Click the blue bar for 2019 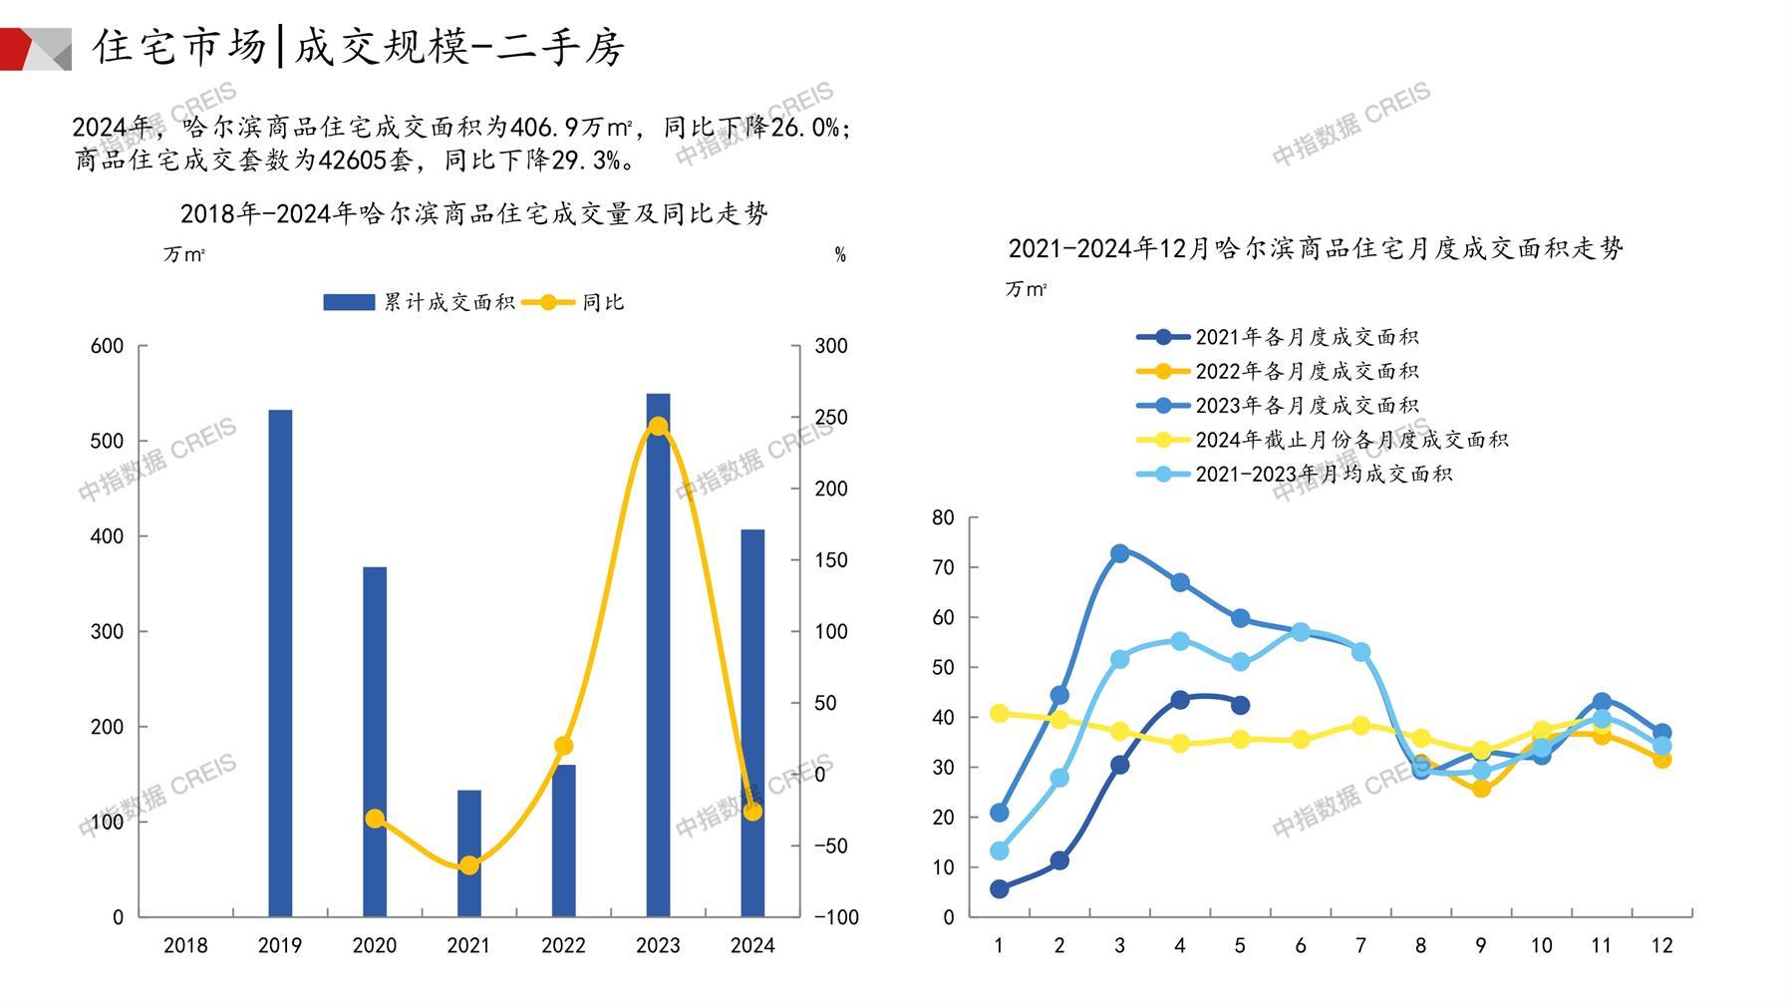click(280, 663)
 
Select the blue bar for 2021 click(468, 853)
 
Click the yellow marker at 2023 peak click(658, 427)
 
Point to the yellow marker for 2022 click(563, 746)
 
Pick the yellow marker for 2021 click(468, 865)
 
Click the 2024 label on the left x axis click(751, 945)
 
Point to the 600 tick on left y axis click(107, 346)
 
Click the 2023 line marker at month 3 click(1119, 553)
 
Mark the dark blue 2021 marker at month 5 click(1240, 705)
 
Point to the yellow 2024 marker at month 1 click(999, 713)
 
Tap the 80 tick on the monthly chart click(943, 517)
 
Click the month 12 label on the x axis click(1661, 945)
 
